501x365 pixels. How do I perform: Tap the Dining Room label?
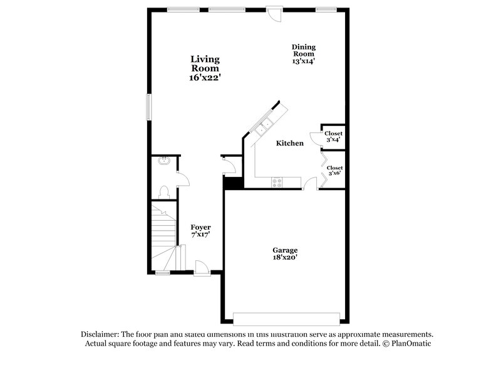(303, 54)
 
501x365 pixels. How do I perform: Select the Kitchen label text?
(290, 144)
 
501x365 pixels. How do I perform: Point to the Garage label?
(284, 253)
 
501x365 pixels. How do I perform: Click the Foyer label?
(200, 230)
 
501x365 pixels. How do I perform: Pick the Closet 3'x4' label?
(333, 136)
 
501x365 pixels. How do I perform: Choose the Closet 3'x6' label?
(334, 171)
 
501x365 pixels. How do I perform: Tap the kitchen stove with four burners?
(276, 182)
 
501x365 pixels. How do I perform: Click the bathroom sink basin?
(164, 161)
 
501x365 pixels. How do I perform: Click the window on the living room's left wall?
(149, 106)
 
